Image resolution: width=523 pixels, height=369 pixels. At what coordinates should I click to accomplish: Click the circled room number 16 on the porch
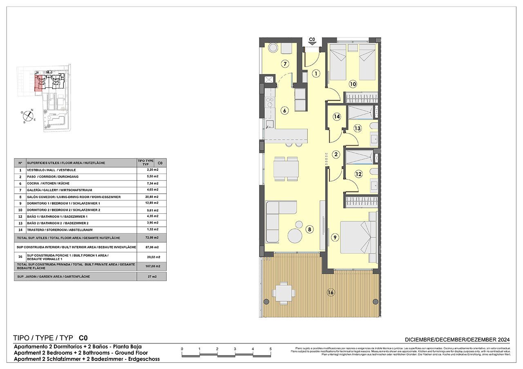click(331, 292)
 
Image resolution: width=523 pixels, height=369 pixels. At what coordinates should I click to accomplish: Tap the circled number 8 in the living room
click(310, 230)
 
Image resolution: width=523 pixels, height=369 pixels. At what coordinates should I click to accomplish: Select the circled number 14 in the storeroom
click(336, 116)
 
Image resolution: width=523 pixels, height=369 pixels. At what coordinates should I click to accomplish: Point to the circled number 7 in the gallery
click(285, 64)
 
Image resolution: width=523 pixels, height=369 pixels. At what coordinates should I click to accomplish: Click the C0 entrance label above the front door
click(312, 40)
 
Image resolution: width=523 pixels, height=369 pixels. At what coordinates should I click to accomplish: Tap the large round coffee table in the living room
click(295, 236)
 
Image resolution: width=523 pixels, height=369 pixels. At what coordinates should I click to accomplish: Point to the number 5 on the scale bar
click(270, 349)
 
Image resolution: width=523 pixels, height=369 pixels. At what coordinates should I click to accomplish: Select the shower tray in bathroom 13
click(361, 112)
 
